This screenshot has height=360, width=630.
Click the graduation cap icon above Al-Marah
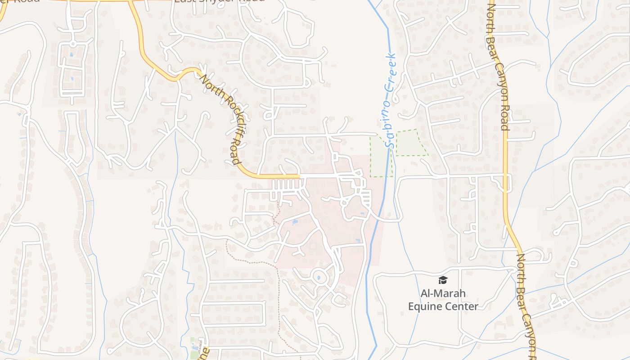click(x=443, y=280)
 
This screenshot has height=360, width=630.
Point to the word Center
click(x=461, y=306)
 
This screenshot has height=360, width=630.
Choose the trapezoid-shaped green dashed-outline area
click(x=410, y=143)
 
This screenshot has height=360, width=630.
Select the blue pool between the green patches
click(x=195, y=347)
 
